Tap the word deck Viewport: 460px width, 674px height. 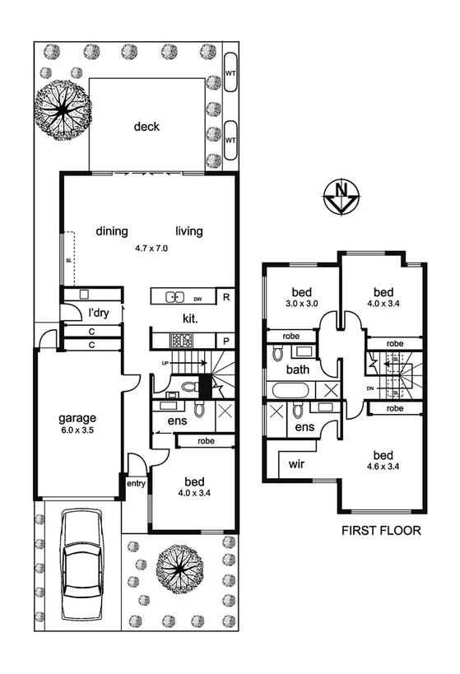[x=146, y=127]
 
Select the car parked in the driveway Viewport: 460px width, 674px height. [x=82, y=557]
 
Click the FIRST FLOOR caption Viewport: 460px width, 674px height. [x=381, y=532]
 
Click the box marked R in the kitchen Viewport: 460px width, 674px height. [x=224, y=297]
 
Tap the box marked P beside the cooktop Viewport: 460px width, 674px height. [x=224, y=339]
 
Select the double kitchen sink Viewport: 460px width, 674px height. [x=174, y=297]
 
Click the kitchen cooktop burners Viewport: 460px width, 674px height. [x=179, y=339]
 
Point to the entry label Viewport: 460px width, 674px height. [x=135, y=483]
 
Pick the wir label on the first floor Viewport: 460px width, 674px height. [x=296, y=465]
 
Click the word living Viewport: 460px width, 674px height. [x=188, y=231]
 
